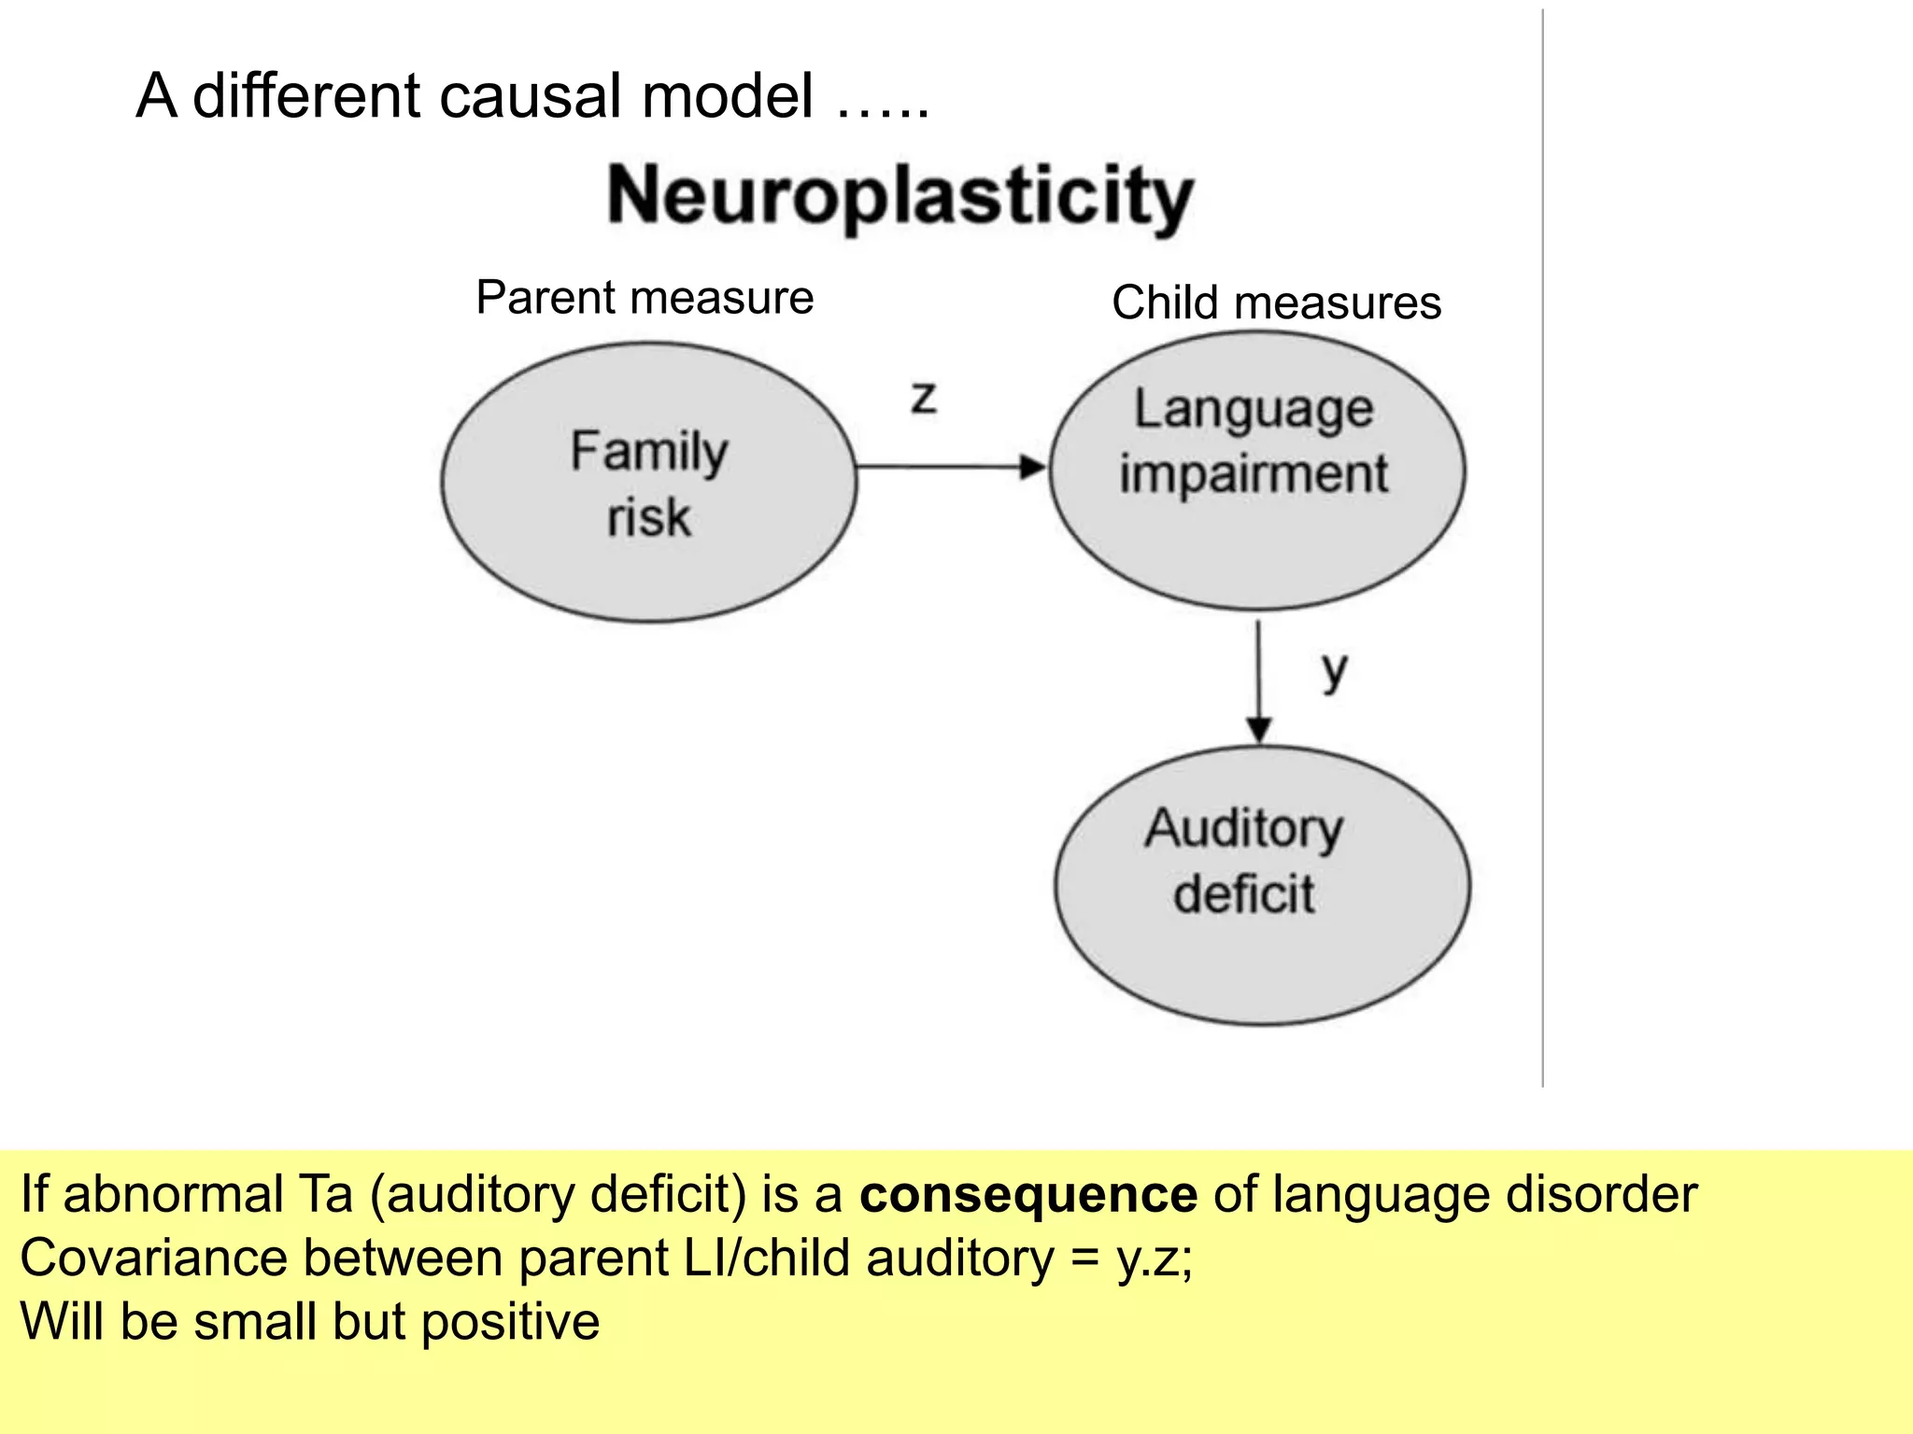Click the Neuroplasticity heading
tap(900, 196)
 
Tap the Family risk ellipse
tap(648, 482)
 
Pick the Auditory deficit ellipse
tap(1261, 885)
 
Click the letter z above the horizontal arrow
tap(923, 399)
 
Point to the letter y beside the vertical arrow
tap(1335, 671)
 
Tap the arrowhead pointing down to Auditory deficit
tap(1258, 728)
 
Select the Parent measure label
tap(645, 298)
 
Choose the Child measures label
tap(1276, 303)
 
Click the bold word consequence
tap(1027, 1194)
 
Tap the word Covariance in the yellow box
tap(153, 1258)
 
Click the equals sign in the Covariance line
tap(1084, 1259)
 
